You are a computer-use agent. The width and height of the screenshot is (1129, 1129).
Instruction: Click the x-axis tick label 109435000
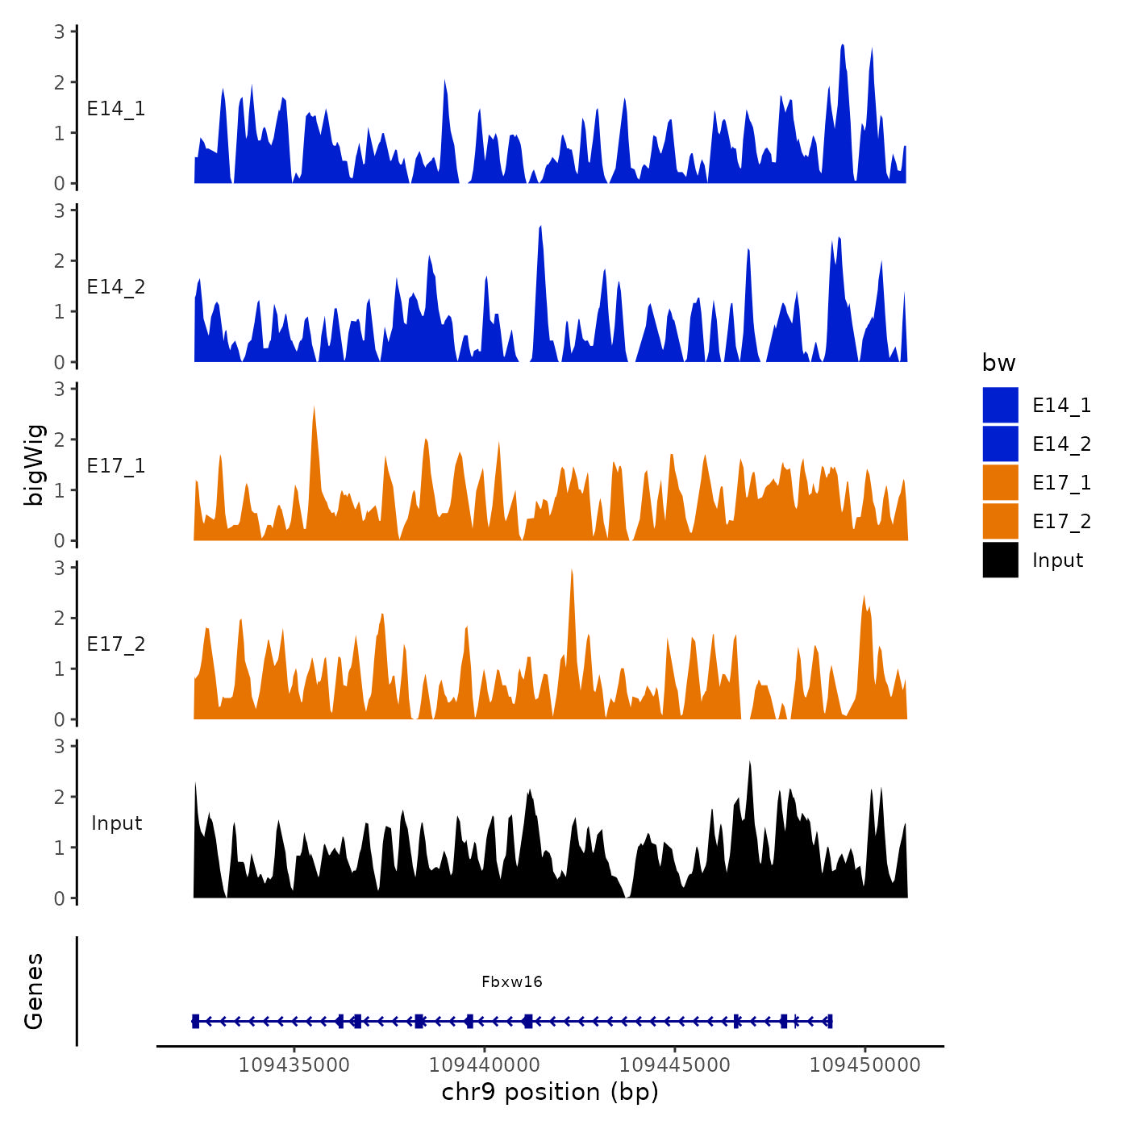coord(294,1064)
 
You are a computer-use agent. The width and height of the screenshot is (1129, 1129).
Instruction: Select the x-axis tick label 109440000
coord(485,1064)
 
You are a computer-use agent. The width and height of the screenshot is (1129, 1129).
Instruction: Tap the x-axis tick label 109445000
coord(675,1064)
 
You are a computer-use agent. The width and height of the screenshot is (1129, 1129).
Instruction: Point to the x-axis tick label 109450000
coord(865,1064)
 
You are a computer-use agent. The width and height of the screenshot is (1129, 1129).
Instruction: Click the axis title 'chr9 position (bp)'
coord(550,1092)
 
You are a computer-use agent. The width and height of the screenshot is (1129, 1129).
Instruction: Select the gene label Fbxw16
coord(512,981)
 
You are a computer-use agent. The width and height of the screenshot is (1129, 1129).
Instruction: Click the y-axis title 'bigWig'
coord(34,465)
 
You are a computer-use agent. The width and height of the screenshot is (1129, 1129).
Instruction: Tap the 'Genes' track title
coord(34,991)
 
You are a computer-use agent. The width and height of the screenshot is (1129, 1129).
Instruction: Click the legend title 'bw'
coord(998,363)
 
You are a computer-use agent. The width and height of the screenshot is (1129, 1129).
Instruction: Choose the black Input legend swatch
coord(1000,560)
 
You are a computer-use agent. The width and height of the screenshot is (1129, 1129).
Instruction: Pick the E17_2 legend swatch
coord(1000,521)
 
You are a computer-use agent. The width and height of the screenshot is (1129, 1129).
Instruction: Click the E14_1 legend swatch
coord(1000,405)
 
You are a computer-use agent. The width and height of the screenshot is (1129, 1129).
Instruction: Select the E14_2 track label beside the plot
coord(116,287)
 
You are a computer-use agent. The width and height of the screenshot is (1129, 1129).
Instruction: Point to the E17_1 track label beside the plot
coord(116,466)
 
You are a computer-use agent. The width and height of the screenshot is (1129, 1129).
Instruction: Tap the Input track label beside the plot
coord(116,823)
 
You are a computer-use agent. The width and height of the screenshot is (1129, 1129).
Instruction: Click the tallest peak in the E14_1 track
coord(843,47)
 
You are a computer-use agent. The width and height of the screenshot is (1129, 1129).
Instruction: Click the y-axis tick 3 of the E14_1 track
coord(60,31)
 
